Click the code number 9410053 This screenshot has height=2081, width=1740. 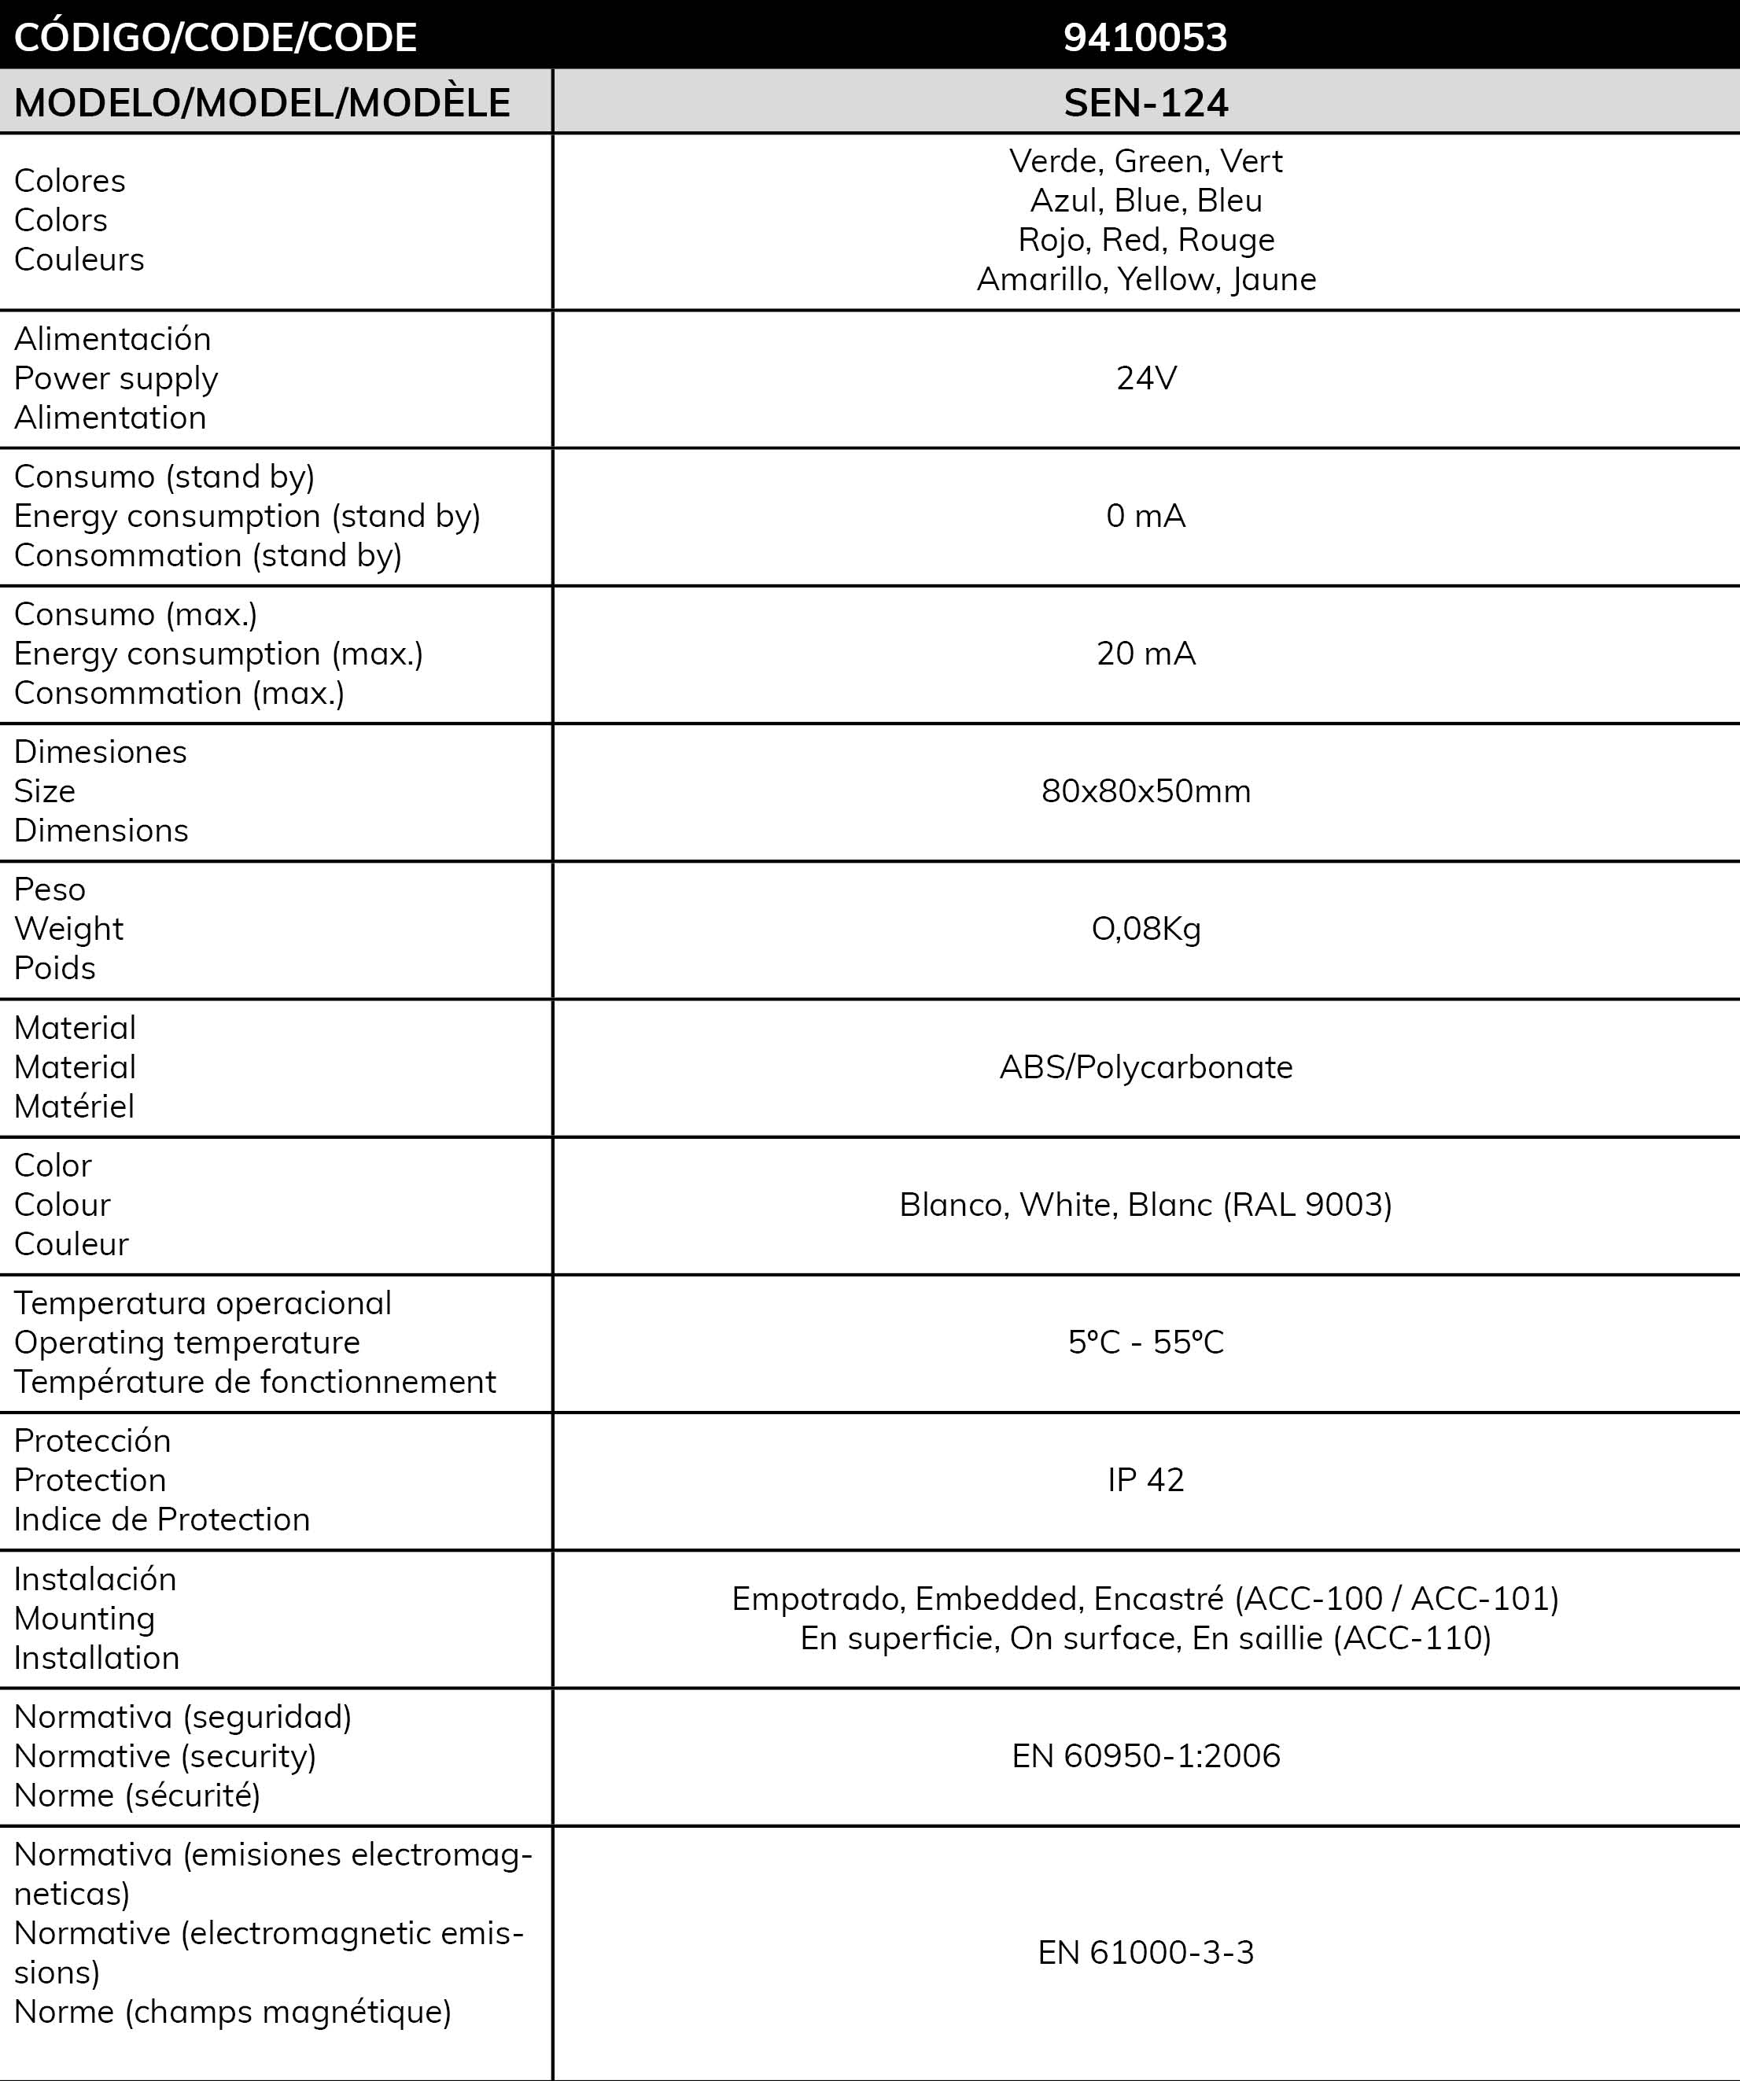1145,38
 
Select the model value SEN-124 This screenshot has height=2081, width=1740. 1145,103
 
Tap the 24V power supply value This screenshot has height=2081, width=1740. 1145,378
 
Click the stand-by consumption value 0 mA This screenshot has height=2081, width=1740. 1145,515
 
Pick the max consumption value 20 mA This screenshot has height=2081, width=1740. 1145,653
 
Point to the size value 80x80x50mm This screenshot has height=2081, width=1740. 1145,790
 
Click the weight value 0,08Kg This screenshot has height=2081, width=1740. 1145,929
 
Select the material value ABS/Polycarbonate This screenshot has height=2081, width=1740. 1145,1066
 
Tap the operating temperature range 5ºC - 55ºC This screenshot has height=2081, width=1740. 1145,1342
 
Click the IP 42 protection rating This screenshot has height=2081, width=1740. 1145,1479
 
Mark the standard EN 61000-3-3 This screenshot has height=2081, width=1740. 1145,1951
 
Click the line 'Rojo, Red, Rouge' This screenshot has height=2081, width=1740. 1145,240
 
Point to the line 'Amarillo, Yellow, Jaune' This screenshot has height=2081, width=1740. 1145,279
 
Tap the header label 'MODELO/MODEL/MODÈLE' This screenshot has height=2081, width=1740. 263,103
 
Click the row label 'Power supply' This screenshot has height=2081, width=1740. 116,378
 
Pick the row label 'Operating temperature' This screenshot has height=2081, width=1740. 187,1342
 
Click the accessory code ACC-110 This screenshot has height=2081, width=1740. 1412,1637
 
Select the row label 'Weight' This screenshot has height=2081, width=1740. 68,929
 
